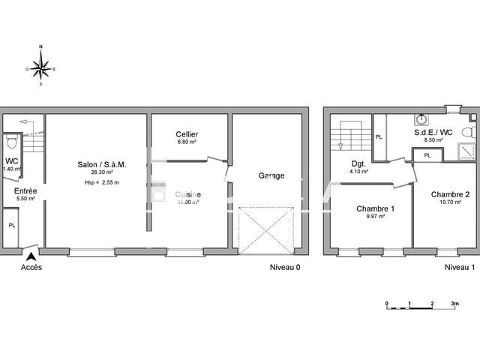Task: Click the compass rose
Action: click(x=40, y=68)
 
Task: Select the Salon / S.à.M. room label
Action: click(x=102, y=164)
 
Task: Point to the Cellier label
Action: click(x=187, y=134)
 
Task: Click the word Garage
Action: click(x=271, y=175)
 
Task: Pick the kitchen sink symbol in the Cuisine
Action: click(x=157, y=194)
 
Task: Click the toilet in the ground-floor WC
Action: click(x=10, y=142)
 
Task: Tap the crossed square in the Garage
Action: click(x=264, y=229)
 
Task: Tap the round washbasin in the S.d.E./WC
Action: click(x=421, y=118)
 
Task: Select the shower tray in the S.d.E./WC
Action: click(x=466, y=151)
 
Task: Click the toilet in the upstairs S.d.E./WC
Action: click(x=467, y=131)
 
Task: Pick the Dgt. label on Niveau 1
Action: click(x=358, y=163)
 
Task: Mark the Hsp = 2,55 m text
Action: click(x=102, y=182)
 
